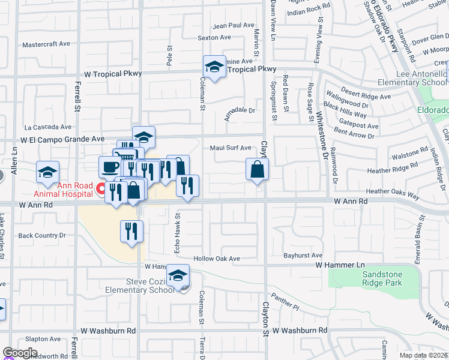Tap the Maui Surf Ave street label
pyautogui.click(x=231, y=148)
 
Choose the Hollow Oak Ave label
pyautogui.click(x=217, y=259)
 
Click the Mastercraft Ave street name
pyautogui.click(x=47, y=45)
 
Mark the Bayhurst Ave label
pyautogui.click(x=303, y=256)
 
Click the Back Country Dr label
pyautogui.click(x=42, y=236)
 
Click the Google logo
pyautogui.click(x=20, y=352)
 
